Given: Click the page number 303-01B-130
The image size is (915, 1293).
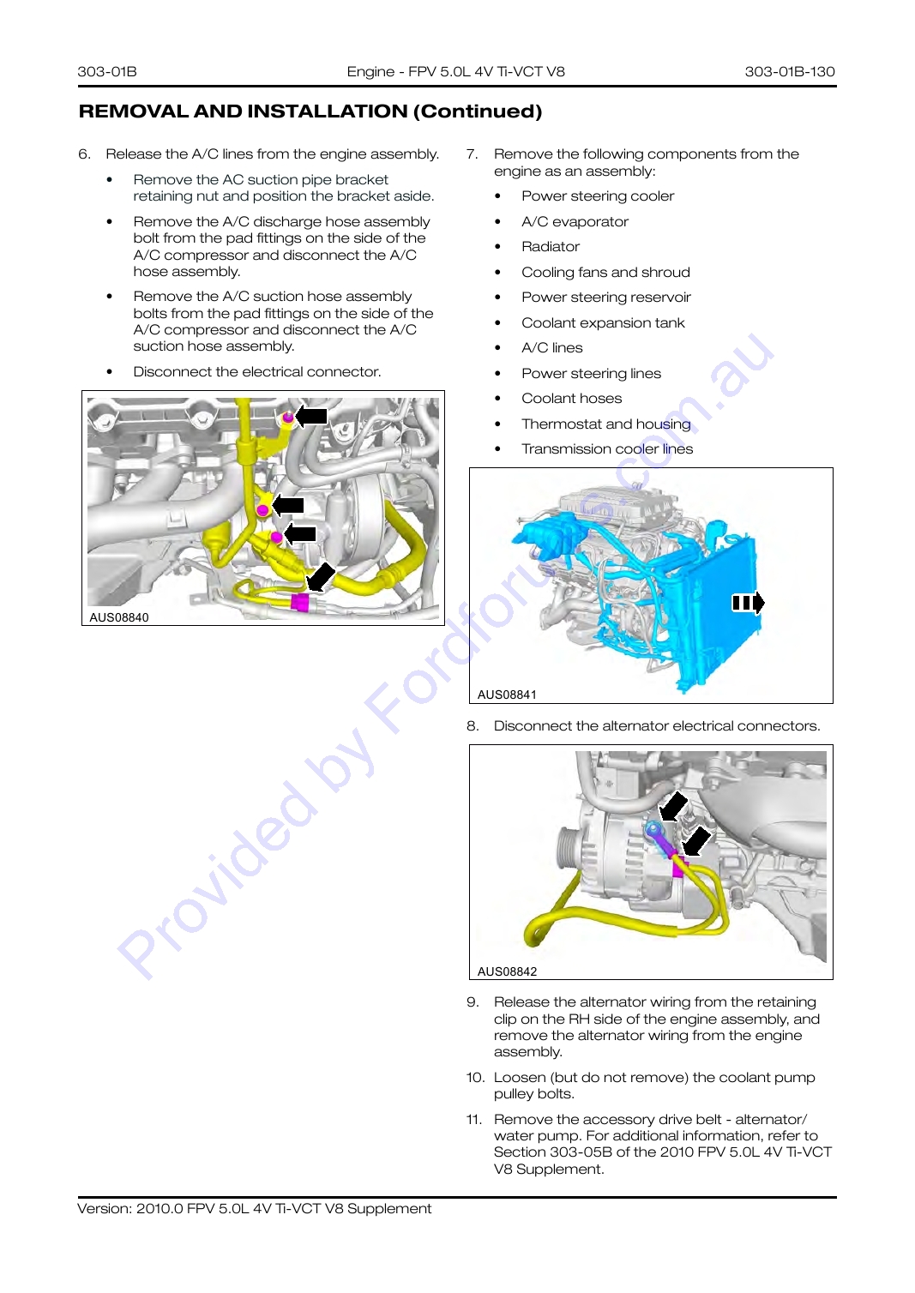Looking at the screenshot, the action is (789, 71).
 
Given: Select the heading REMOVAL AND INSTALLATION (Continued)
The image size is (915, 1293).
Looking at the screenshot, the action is (310, 111).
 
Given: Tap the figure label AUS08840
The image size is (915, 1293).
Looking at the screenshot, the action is (119, 617).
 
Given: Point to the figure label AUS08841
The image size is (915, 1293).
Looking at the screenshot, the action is (507, 695).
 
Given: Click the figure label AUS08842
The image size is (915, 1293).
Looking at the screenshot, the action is (507, 971).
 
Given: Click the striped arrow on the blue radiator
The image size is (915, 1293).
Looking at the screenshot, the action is (748, 603).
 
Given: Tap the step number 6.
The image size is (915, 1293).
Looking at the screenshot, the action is (84, 154).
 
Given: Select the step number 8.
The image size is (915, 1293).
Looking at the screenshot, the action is (473, 725).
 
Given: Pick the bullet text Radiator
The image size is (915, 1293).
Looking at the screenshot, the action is (551, 246).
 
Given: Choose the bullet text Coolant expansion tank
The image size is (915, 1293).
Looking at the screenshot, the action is (603, 322).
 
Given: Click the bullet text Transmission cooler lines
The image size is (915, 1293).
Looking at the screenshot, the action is (607, 448).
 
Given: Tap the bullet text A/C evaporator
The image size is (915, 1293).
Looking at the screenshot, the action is (575, 222).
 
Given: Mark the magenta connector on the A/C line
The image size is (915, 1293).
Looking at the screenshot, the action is (299, 602).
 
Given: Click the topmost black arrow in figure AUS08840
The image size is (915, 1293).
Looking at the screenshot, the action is (311, 415).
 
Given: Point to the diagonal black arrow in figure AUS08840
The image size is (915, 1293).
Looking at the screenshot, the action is (321, 577).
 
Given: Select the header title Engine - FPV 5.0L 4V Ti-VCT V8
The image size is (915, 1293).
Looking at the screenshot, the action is (455, 71).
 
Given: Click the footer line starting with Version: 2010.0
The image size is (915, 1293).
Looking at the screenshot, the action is (255, 1208).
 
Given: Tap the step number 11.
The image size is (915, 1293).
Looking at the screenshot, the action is (473, 1119).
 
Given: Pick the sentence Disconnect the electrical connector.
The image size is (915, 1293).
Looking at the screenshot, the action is (257, 372).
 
